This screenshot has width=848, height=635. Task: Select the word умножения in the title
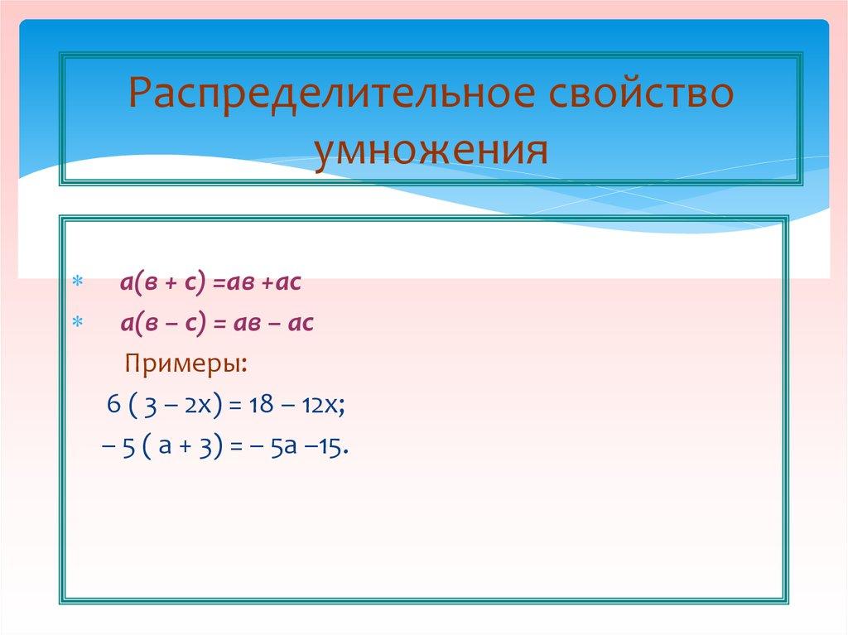click(430, 150)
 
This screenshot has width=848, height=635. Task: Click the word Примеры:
click(185, 364)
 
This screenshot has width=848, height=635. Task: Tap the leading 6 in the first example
click(113, 406)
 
